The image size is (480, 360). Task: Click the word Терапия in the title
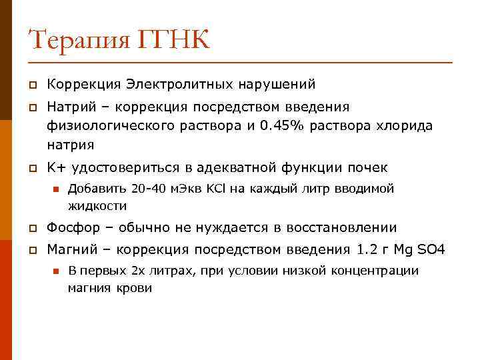tap(77, 41)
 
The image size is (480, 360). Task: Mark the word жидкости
tap(97, 206)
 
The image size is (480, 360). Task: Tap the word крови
tap(136, 289)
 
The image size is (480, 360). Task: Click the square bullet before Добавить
tap(55, 189)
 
